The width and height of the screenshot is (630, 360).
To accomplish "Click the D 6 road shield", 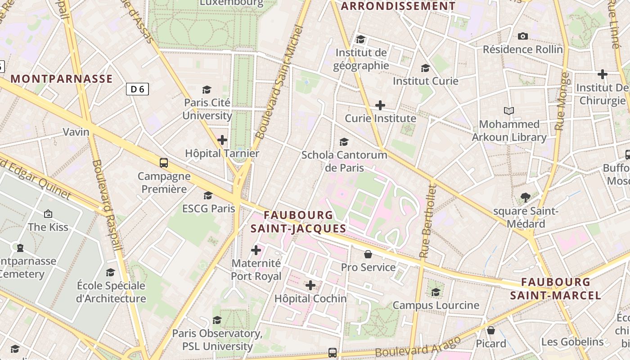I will (137, 89).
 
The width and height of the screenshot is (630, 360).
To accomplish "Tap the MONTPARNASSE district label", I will (62, 79).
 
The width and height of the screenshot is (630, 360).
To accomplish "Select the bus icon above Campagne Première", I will (164, 163).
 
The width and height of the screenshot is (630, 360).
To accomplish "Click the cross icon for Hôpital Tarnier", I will (222, 140).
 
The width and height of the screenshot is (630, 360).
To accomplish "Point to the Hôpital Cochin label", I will (310, 298).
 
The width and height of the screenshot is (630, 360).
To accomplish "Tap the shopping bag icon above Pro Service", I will (368, 254).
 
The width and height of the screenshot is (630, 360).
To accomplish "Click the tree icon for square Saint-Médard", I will (525, 197).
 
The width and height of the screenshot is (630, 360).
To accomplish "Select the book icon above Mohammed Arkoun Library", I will (509, 111).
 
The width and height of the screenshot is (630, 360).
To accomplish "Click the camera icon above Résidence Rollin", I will (523, 36).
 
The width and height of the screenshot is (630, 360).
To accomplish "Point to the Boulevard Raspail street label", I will (107, 205).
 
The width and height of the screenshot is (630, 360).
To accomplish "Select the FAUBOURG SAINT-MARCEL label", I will (556, 289).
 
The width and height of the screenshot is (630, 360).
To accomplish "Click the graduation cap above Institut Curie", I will (425, 68).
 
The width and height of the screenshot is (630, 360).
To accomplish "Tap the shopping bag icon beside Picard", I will (491, 331).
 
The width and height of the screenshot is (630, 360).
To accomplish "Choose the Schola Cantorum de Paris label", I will (344, 161).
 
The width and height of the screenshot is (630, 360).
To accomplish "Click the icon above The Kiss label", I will (48, 214).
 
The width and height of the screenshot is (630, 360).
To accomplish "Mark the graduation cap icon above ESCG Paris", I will (208, 195).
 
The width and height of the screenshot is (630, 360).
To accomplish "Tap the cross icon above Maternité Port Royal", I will (256, 250).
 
